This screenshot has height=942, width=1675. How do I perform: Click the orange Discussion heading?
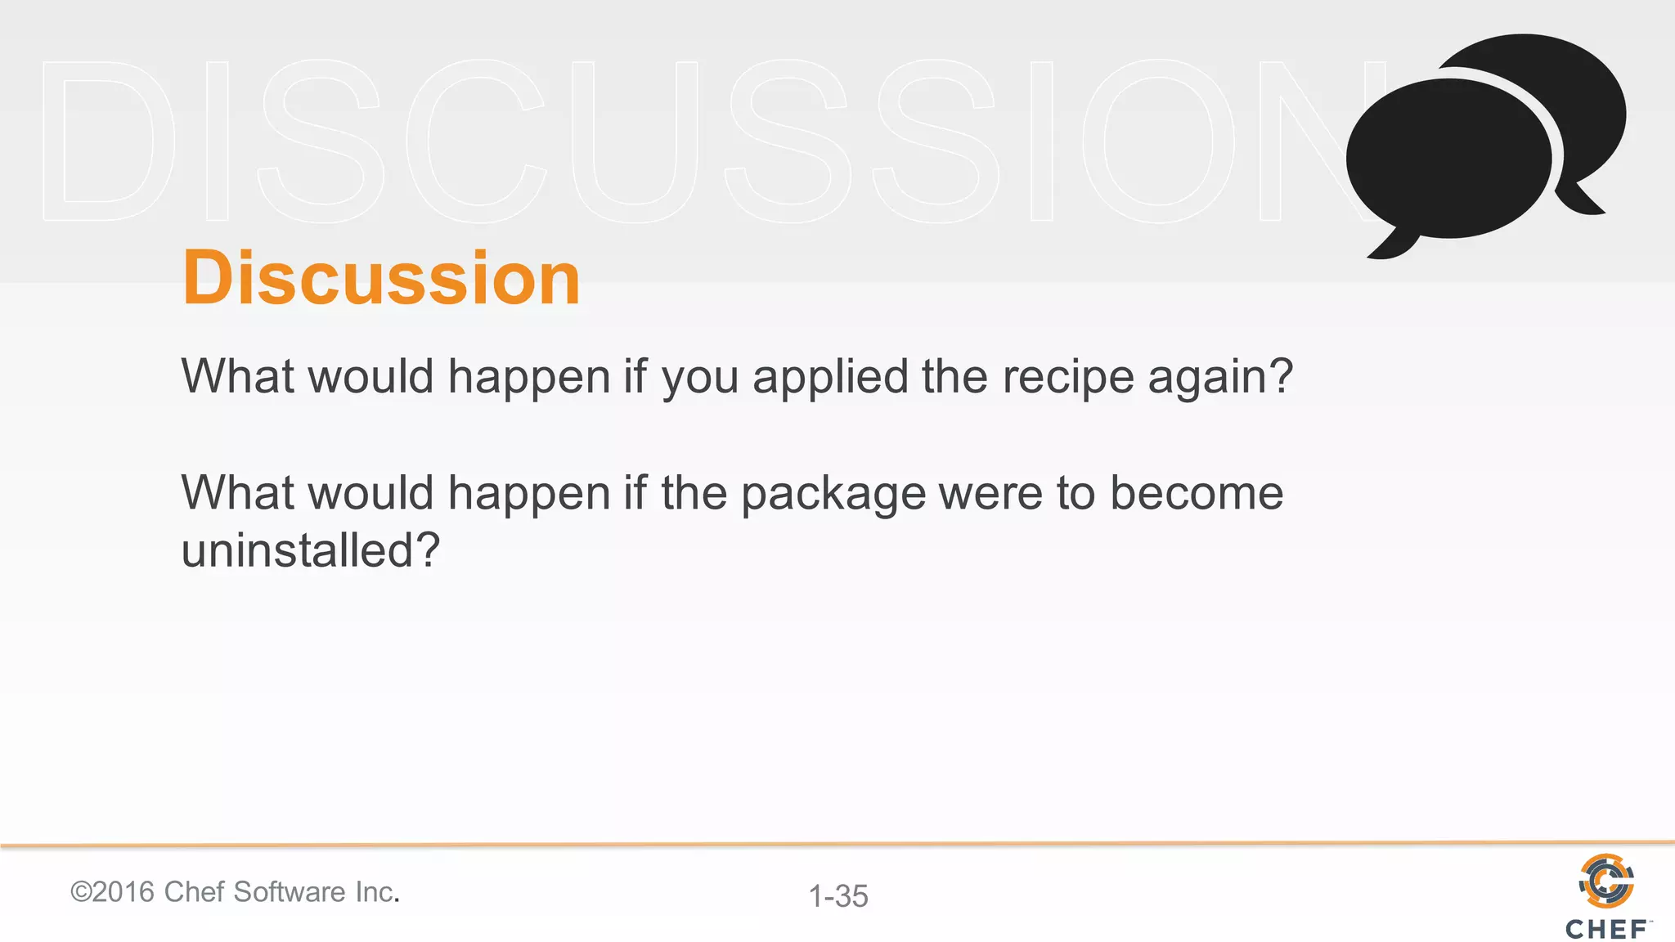tap(381, 279)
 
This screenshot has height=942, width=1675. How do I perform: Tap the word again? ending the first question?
tap(1220, 379)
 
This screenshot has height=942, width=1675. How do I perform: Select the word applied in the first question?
tap(830, 379)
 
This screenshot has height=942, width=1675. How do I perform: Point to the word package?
tap(833, 495)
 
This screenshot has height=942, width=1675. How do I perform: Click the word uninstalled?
tap(311, 550)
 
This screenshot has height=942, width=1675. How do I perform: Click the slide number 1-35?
tap(838, 896)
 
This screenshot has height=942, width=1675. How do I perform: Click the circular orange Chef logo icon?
tap(1606, 881)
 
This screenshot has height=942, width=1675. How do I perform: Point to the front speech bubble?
tap(1448, 159)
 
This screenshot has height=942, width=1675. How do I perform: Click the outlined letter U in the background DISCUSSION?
tap(635, 141)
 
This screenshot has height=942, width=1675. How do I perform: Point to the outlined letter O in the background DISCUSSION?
tap(1159, 141)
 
